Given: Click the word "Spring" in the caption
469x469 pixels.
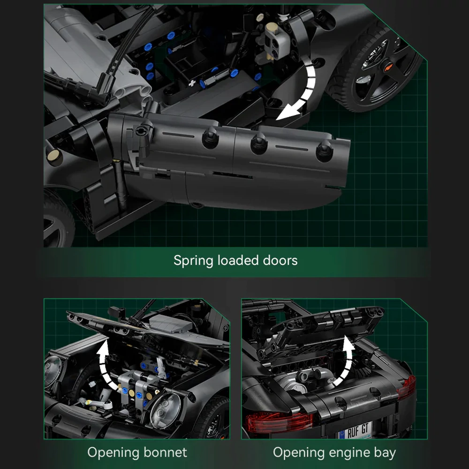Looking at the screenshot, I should coord(193,260).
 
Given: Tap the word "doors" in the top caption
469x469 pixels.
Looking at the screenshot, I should coord(280,260).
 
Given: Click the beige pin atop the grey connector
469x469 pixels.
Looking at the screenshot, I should coord(272,29).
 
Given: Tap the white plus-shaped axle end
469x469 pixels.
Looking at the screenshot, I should coord(192,83).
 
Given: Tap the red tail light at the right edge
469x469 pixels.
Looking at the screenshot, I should coord(406,387).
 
